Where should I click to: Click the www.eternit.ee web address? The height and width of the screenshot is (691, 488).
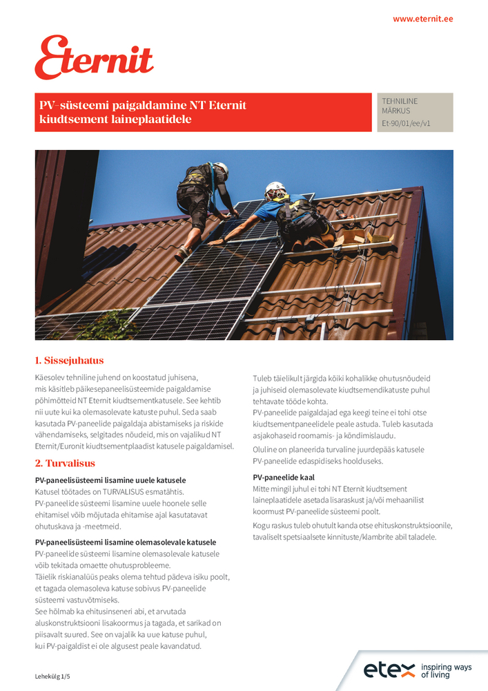422,19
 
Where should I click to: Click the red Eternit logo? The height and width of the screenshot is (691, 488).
94,58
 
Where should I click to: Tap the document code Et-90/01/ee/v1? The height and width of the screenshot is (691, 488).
406,123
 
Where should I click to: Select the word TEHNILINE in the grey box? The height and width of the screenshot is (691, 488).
400,101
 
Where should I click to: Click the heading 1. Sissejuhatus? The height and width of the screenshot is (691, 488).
69,361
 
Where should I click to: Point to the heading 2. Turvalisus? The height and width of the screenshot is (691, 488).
65,463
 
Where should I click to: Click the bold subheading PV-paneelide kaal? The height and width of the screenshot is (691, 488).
284,477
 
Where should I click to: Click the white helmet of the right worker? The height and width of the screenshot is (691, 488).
275,187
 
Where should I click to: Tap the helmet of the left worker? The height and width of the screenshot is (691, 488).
221,168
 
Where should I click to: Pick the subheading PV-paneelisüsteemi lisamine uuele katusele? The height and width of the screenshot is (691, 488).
110,480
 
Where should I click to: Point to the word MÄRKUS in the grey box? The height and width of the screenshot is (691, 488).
396,111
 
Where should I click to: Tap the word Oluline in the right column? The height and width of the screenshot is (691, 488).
266,449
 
